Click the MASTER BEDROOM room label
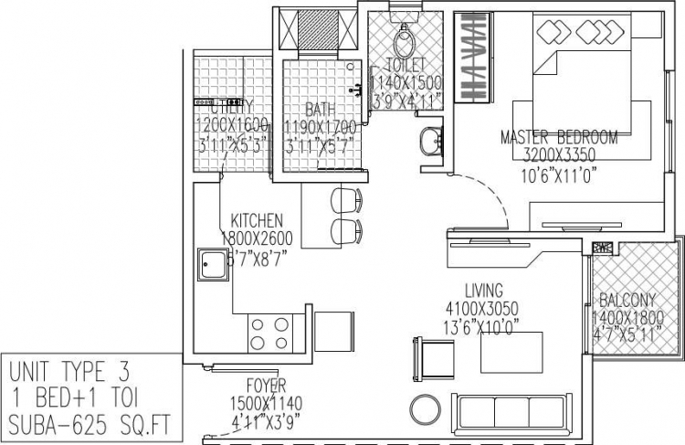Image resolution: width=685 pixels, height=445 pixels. (559, 137)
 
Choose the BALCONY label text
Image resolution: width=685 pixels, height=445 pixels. (627, 300)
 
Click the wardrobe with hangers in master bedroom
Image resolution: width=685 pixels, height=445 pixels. (472, 58)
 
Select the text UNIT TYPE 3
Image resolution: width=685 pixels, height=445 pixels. (69, 372)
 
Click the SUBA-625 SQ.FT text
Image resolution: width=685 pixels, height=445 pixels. (89, 423)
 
